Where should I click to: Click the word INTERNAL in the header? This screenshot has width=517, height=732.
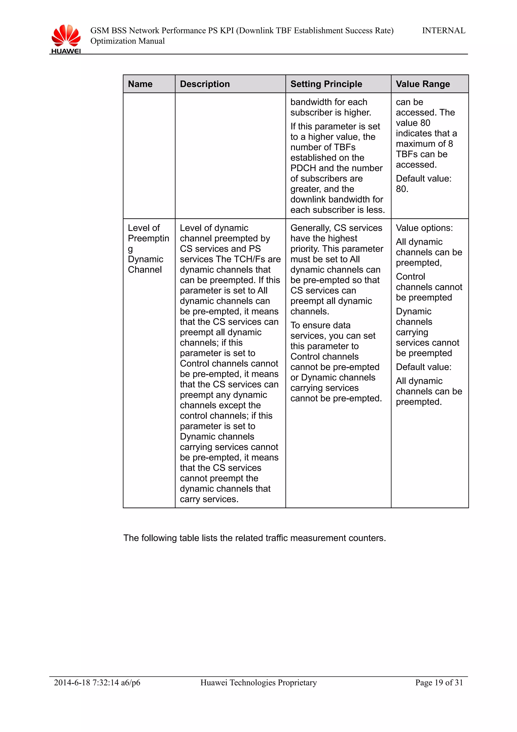click(444, 31)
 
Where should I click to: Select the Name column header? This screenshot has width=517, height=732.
click(140, 84)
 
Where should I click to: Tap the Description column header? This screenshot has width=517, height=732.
click(205, 84)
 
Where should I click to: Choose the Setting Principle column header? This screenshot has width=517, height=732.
click(326, 84)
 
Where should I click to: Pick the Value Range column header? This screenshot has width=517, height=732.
click(423, 84)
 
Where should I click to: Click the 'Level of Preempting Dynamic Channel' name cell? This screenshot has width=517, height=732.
click(148, 249)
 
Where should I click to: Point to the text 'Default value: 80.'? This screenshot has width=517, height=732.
click(423, 184)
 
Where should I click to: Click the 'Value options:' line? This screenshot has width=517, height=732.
click(424, 228)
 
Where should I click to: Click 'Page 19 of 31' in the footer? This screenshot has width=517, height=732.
click(439, 682)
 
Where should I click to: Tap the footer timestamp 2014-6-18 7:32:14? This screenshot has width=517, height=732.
click(86, 682)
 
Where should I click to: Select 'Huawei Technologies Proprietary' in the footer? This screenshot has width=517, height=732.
click(258, 682)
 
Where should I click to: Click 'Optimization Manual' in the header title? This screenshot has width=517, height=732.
click(127, 41)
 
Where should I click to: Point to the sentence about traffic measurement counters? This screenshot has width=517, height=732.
click(254, 538)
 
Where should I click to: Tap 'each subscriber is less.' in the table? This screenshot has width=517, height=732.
click(337, 210)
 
